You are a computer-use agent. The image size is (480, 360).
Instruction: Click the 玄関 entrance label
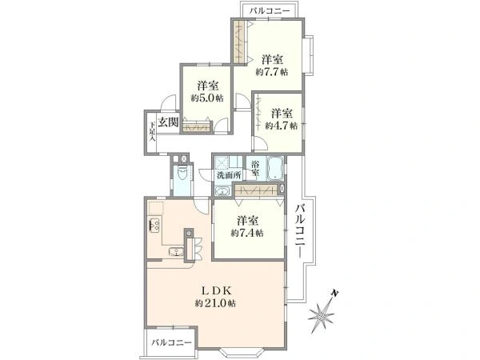tap(168, 122)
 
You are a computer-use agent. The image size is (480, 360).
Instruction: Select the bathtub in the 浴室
tap(275, 169)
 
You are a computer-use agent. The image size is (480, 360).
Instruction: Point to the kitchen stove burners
tap(154, 226)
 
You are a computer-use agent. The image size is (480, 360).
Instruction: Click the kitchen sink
tap(176, 251)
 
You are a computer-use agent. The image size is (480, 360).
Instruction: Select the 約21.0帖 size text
tap(215, 303)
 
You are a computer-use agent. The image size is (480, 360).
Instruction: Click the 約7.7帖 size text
tap(272, 72)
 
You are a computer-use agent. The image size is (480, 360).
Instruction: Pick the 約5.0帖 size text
tap(207, 98)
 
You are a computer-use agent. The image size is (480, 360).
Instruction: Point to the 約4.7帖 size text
tap(282, 126)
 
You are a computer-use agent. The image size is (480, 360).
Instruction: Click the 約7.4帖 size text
tap(247, 234)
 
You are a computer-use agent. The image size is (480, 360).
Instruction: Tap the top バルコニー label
tap(269, 12)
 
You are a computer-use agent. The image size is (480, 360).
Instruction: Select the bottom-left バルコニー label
tap(171, 342)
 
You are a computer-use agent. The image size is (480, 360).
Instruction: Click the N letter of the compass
tap(335, 294)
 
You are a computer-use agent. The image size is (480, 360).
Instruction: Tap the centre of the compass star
tap(322, 315)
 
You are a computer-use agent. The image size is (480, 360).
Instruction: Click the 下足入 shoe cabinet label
tap(152, 132)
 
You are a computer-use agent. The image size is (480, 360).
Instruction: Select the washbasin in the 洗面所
tap(222, 192)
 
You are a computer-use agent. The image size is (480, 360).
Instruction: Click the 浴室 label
tap(255, 168)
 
